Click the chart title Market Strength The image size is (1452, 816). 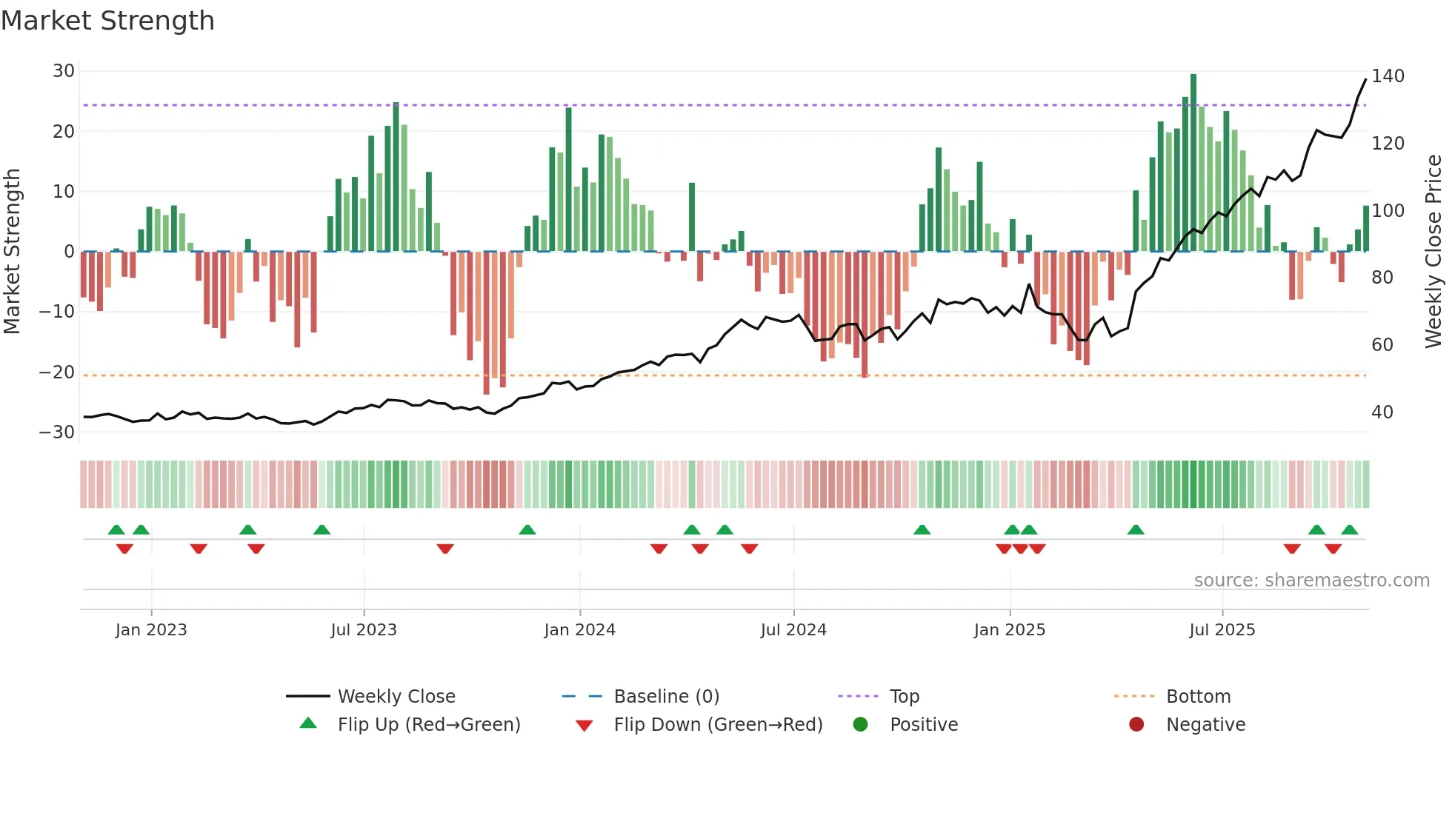[107, 21]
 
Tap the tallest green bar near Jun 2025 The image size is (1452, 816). [1193, 162]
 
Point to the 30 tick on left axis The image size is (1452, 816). [64, 71]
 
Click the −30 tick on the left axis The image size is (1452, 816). [58, 432]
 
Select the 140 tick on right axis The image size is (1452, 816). [1388, 76]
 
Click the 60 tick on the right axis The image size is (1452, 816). [1382, 345]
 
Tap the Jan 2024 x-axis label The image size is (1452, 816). [579, 630]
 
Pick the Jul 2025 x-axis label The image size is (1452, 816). [1222, 630]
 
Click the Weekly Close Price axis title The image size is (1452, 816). [1434, 252]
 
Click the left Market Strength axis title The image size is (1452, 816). [12, 252]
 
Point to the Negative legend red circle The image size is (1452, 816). [1136, 725]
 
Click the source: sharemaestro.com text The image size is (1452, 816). [1311, 581]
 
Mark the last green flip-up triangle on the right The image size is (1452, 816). [1350, 530]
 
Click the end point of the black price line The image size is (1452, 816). [1366, 79]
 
